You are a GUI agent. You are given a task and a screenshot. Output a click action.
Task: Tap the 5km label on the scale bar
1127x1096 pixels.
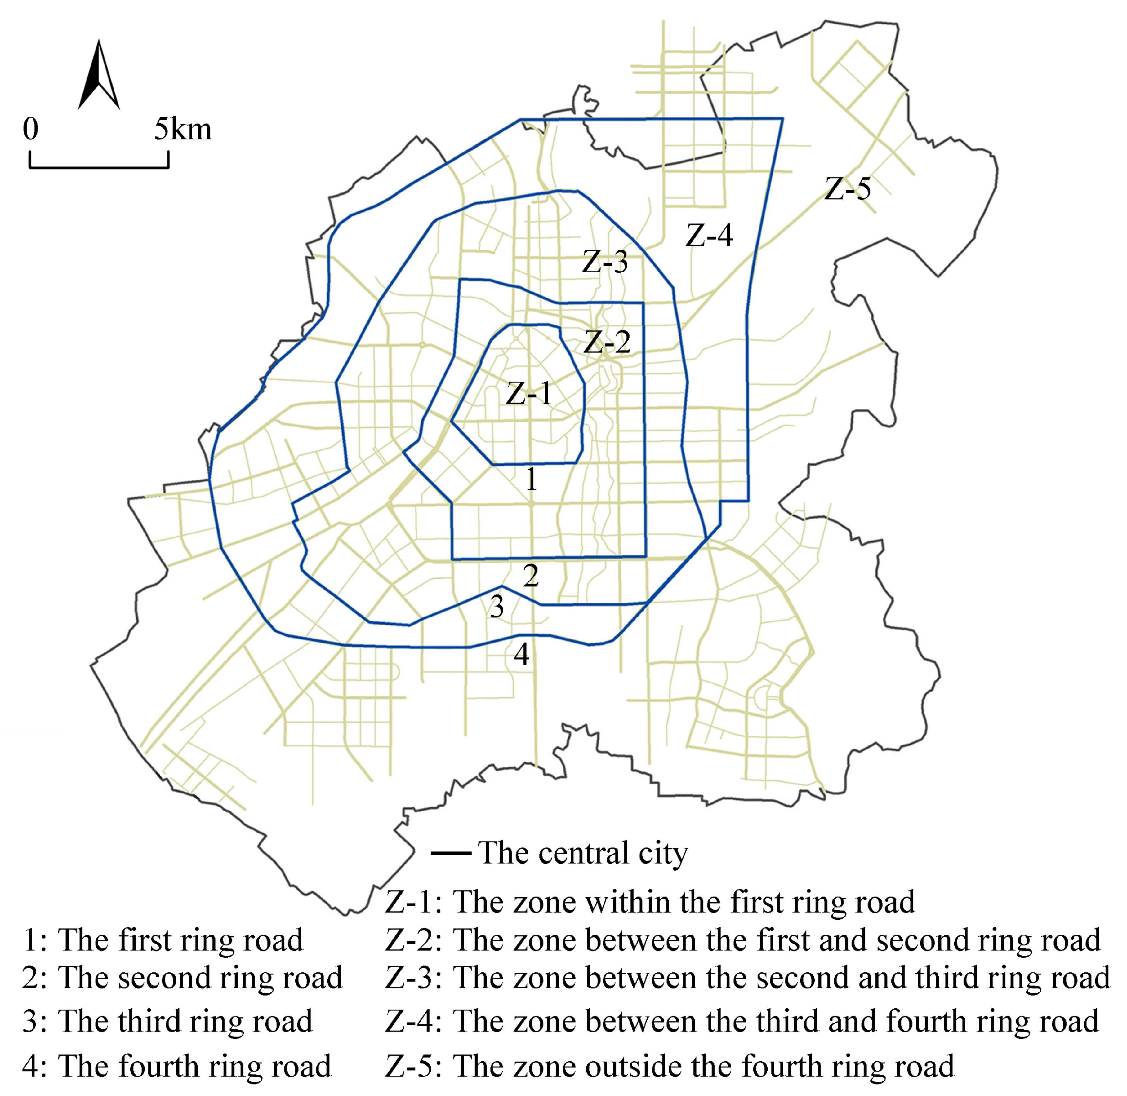pos(183,130)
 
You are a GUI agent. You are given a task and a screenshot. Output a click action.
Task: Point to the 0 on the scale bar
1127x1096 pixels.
pos(30,130)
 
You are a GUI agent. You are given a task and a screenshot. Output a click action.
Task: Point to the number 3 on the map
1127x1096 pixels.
pos(497,606)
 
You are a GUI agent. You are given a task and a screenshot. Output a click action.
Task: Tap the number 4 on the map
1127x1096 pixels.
pos(521,655)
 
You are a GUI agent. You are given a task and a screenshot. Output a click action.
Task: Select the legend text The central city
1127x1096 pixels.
pos(583,853)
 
